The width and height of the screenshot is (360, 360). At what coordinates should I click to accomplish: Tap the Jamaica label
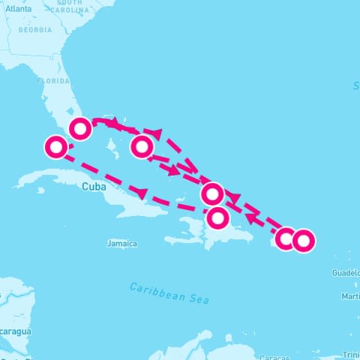click(x=122, y=244)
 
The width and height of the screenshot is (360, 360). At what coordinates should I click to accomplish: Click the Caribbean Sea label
click(x=168, y=292)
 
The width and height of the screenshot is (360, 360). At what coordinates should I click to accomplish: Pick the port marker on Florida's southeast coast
click(x=80, y=129)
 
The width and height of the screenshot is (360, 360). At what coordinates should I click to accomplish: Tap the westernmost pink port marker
click(x=55, y=147)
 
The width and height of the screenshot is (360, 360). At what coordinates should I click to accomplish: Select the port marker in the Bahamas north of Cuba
click(x=142, y=146)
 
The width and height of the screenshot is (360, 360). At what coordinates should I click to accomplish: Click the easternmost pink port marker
click(x=303, y=241)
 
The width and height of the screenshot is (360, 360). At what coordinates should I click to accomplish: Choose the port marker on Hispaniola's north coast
click(x=217, y=218)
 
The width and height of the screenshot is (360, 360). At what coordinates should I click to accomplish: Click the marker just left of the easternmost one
click(x=285, y=238)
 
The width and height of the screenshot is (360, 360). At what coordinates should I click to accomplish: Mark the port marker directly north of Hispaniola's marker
click(x=212, y=194)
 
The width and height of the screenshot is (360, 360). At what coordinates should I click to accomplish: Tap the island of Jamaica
click(x=122, y=234)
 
